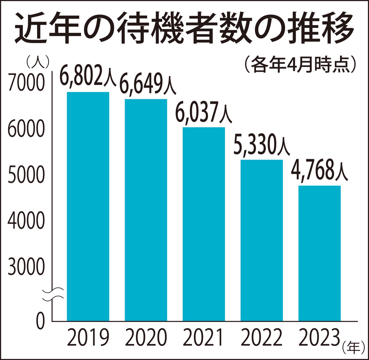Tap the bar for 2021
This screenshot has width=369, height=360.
click(x=204, y=224)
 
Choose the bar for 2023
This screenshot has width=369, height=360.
click(x=319, y=253)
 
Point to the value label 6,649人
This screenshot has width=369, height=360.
click(x=148, y=84)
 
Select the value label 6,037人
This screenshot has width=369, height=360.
click(x=204, y=112)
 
